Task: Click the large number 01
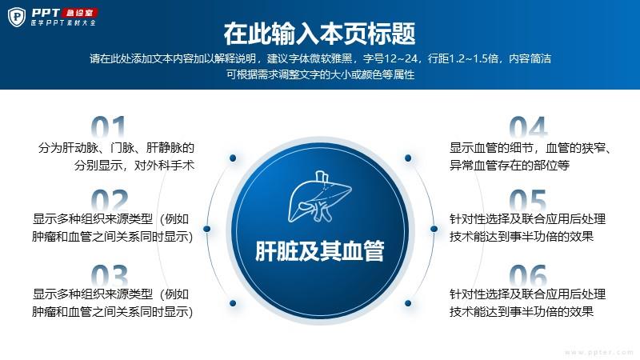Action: coord(108,127)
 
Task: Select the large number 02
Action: coord(110,200)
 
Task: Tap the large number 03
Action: coord(110,275)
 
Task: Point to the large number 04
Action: coord(528,127)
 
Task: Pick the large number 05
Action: coord(528,200)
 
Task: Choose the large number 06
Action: coord(528,275)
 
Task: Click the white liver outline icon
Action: coord(319,197)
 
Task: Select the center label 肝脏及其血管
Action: coord(319,250)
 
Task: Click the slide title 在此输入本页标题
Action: coord(319,34)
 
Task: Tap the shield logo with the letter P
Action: coord(17,17)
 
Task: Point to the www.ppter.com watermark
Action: coord(598,352)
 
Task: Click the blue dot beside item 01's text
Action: coord(233,158)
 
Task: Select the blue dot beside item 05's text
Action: coord(434,229)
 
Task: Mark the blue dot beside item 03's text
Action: coord(233,303)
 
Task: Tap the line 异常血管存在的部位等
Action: coord(510,166)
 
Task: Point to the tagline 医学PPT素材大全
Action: coord(63,23)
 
